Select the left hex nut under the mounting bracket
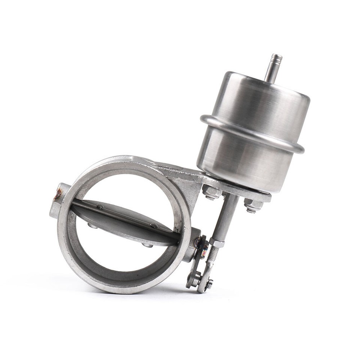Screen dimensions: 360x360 (211, 192)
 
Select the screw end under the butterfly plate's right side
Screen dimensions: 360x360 (147, 245)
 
